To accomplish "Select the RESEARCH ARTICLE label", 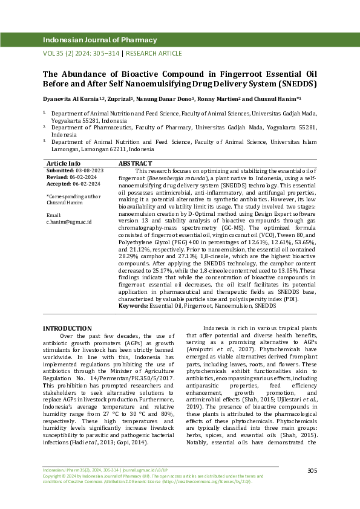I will pos(154,53).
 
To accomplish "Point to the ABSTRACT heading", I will pos(135,164).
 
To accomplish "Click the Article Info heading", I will pos(64,164).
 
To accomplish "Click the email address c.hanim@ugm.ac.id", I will pos(69,222).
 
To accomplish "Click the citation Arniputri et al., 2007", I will pos(235,349).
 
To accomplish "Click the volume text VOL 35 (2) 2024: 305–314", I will pos(81,53).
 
